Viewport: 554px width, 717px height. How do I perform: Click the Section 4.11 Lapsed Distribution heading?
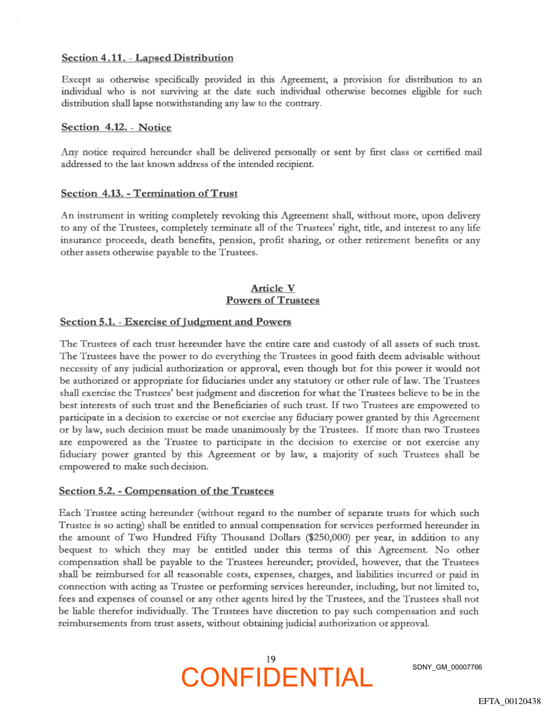147,58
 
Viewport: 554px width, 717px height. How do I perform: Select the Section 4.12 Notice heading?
116,128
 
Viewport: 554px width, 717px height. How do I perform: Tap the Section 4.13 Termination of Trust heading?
149,194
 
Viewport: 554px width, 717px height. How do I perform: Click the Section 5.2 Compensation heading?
166,490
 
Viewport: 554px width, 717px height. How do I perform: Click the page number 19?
271,659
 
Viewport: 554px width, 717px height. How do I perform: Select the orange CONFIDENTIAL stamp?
277,678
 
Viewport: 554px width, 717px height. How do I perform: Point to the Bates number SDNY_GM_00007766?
447,667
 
